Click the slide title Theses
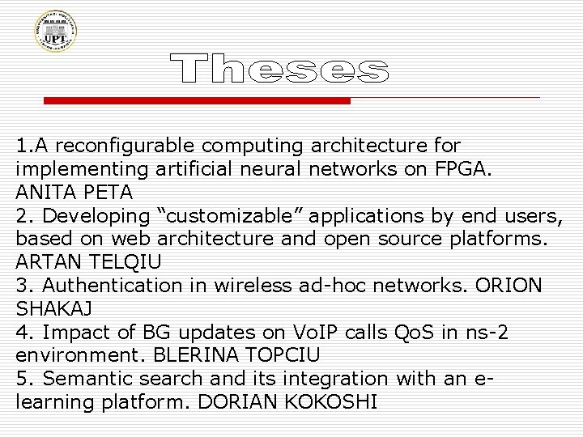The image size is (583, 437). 280,70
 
